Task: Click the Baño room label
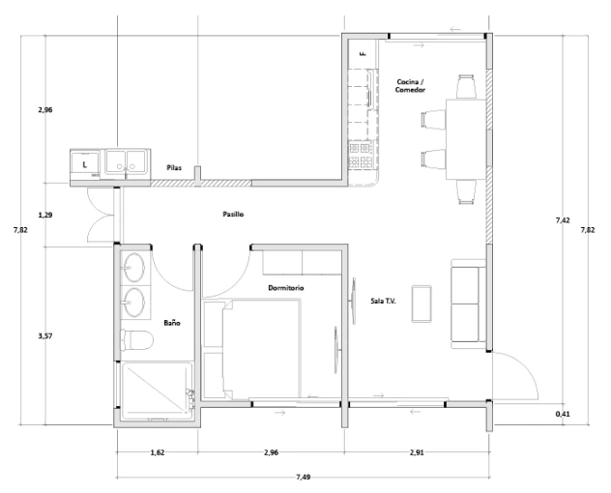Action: pyautogui.click(x=172, y=323)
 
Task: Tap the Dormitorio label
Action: pyautogui.click(x=285, y=288)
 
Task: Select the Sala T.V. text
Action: pyautogui.click(x=383, y=301)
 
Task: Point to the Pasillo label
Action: pyautogui.click(x=233, y=214)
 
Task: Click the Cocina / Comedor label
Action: pyautogui.click(x=410, y=86)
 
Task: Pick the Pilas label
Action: pyautogui.click(x=174, y=167)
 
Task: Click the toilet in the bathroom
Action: pyautogui.click(x=136, y=339)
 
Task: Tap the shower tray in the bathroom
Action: pyautogui.click(x=157, y=391)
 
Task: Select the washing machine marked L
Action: pyautogui.click(x=85, y=165)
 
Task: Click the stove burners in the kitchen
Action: pyautogui.click(x=360, y=155)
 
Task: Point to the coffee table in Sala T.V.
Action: pyautogui.click(x=422, y=304)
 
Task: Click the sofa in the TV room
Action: pyautogui.click(x=468, y=304)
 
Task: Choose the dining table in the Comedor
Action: pyautogui.click(x=466, y=139)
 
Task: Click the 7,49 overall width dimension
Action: pyautogui.click(x=304, y=477)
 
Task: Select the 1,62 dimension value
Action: pyautogui.click(x=158, y=452)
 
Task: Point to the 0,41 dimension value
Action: pyautogui.click(x=563, y=414)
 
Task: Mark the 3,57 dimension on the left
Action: pyautogui.click(x=45, y=336)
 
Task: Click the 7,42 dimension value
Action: pyautogui.click(x=563, y=220)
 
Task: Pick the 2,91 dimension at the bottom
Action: pyautogui.click(x=417, y=452)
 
